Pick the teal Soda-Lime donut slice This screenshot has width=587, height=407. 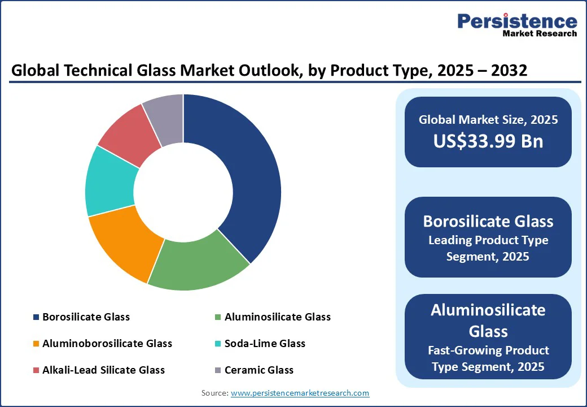[x=110, y=181]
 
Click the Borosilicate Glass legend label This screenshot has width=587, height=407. [x=86, y=317]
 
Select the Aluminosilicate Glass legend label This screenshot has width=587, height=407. [x=277, y=317]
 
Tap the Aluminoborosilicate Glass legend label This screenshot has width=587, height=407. [x=107, y=344]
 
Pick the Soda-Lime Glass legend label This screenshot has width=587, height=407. [x=265, y=344]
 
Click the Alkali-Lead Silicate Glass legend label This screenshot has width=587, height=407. [x=103, y=370]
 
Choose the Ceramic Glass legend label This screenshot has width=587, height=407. [x=259, y=370]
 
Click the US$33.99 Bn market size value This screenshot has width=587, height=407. [x=488, y=140]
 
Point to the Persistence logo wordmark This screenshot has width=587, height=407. [x=517, y=21]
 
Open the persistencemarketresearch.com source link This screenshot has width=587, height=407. [x=300, y=393]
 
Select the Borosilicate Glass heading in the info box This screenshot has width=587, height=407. [x=488, y=220]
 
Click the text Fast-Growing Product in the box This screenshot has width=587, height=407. [x=488, y=350]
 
